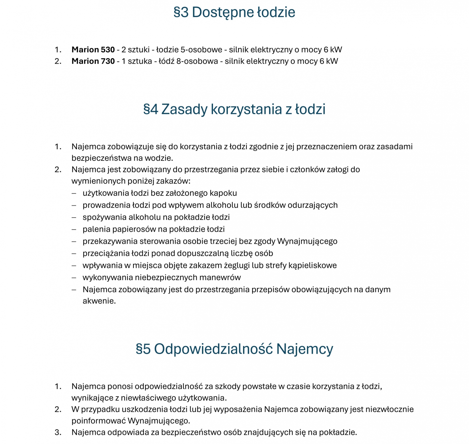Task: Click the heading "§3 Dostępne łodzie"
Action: (234, 12)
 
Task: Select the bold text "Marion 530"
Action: (93, 50)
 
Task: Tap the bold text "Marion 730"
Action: (93, 61)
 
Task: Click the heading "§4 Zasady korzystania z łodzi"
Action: (234, 109)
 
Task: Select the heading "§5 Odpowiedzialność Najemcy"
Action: (234, 349)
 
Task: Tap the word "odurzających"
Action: (313, 205)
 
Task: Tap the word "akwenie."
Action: (99, 301)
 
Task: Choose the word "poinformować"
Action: (98, 421)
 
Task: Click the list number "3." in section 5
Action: (58, 432)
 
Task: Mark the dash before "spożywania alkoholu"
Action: (74, 217)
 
